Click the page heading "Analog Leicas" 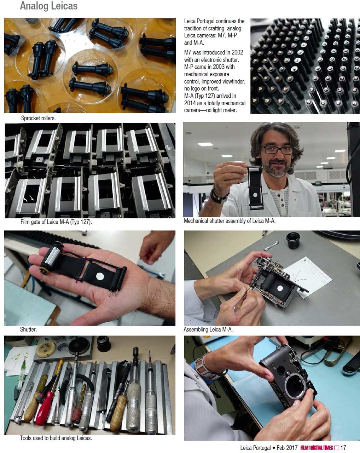[x=48, y=6]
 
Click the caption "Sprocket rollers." [x=38, y=118]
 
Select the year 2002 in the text [x=237, y=52]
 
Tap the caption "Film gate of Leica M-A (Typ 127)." [x=56, y=222]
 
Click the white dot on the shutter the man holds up [x=255, y=195]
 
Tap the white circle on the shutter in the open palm [x=100, y=276]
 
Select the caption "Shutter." [x=28, y=329]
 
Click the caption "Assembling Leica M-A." [x=208, y=329]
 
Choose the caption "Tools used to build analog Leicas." [x=56, y=438]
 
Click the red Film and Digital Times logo [x=317, y=448]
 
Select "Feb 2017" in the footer [x=287, y=448]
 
